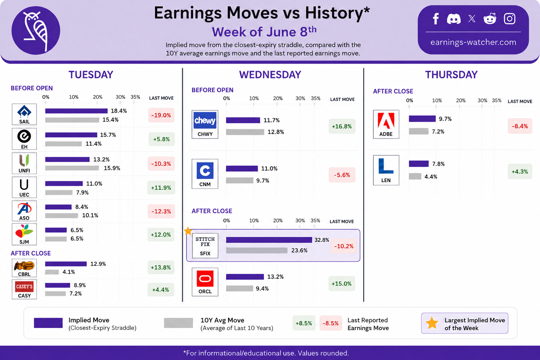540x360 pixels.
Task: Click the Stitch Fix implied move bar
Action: (x=269, y=240)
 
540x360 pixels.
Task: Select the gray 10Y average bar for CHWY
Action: (x=245, y=132)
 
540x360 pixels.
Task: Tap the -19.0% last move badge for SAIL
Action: (x=161, y=115)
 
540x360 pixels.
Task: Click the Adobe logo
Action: (x=386, y=121)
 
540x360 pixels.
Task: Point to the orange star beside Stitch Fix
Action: (x=188, y=231)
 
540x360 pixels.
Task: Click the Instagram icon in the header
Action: (x=510, y=19)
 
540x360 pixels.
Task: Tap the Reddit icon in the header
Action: (x=490, y=19)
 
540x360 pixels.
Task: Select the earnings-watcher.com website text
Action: (x=473, y=42)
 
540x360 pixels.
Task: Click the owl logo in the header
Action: (x=36, y=30)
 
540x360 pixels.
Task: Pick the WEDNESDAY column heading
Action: (x=270, y=75)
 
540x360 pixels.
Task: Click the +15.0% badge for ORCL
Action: (x=342, y=284)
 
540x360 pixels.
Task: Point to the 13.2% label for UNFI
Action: (x=101, y=159)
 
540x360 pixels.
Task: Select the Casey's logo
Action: (x=24, y=287)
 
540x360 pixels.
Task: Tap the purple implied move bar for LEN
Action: (x=419, y=164)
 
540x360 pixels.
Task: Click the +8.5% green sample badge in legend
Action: (x=304, y=323)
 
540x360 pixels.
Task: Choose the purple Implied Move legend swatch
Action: (x=48, y=323)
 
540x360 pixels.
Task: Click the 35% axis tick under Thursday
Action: (x=497, y=100)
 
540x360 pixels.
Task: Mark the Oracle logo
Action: (x=205, y=278)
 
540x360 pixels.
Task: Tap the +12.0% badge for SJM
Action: (x=161, y=234)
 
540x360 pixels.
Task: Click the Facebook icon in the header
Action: (x=436, y=19)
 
